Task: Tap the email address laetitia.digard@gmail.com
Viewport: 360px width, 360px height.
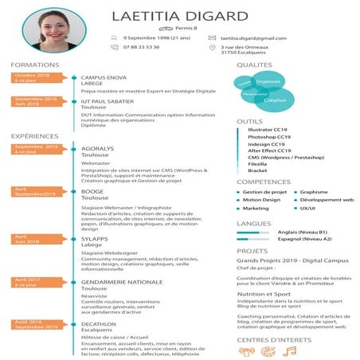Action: pos(253,37)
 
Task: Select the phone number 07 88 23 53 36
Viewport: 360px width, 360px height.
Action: pos(141,47)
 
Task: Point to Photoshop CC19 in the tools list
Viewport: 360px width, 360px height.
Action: pos(269,136)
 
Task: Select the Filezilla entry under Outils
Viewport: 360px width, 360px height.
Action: pos(257,163)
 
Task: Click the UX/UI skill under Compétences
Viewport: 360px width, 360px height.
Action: pos(307,208)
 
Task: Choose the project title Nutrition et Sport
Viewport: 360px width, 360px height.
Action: pos(266,294)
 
